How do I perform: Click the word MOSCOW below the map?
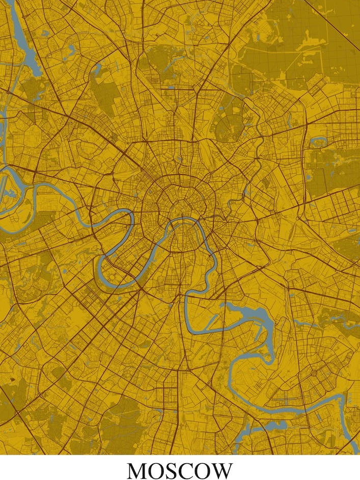(180, 471)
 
